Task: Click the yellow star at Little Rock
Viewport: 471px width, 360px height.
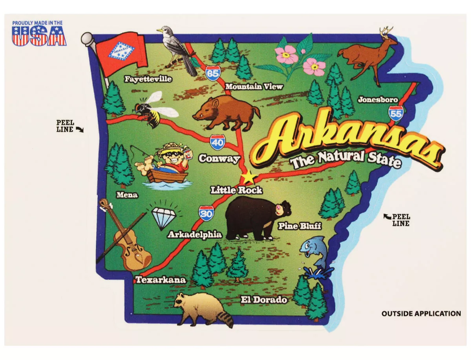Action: coord(248,177)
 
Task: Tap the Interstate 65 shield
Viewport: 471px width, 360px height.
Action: coord(212,73)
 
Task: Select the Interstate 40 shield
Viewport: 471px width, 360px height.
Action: coord(217,142)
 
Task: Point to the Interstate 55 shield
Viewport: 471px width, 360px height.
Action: coord(395,113)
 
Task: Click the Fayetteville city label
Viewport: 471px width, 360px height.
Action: coord(148,79)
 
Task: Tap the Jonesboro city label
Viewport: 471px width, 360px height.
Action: coord(378,100)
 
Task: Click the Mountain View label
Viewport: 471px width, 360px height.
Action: coord(254,86)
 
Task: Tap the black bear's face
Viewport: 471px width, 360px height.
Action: coord(282,209)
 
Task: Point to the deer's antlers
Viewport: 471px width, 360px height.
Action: coord(387,32)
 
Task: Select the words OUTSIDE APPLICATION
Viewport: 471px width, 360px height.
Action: coord(421,313)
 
